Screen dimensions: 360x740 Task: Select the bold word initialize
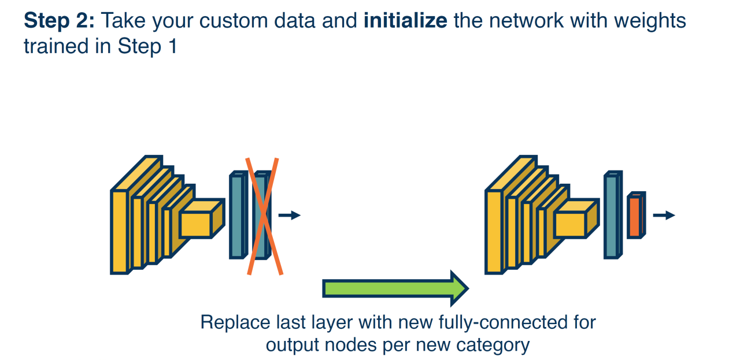[405, 22]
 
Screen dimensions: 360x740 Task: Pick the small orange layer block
[634, 217]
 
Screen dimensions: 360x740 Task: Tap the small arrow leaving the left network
[289, 216]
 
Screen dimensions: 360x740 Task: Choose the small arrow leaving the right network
[664, 216]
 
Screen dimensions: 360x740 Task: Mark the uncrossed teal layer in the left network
[236, 216]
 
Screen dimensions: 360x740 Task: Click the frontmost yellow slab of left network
[119, 231]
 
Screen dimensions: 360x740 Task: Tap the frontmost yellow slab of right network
[493, 231]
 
